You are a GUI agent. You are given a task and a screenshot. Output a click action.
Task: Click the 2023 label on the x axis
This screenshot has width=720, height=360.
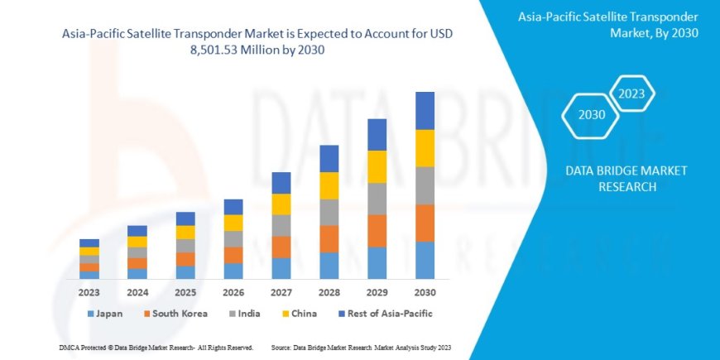click(x=89, y=292)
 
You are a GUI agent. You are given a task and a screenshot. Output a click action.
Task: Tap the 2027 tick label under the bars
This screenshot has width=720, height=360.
click(x=281, y=292)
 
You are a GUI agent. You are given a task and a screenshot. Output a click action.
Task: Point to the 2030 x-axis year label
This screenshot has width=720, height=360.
click(x=425, y=292)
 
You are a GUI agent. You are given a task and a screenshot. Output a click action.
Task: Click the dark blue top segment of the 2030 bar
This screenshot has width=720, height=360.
click(x=425, y=110)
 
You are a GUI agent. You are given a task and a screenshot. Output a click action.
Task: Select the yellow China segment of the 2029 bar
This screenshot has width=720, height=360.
click(x=377, y=166)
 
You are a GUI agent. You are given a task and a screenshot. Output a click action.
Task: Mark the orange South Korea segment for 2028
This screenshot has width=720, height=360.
click(x=329, y=238)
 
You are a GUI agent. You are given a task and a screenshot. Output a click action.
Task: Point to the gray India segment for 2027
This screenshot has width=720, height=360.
click(x=281, y=225)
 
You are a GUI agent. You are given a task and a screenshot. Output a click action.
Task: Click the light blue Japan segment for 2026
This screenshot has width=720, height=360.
click(x=233, y=271)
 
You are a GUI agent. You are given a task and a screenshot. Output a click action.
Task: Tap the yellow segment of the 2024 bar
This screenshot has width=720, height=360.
click(x=137, y=242)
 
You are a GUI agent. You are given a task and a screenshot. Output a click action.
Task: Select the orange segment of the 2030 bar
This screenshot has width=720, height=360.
click(x=425, y=223)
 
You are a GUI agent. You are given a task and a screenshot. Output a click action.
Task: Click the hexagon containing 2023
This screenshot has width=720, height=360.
click(x=632, y=93)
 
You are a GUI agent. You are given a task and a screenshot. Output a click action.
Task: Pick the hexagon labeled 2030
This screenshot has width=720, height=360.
click(x=591, y=114)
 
